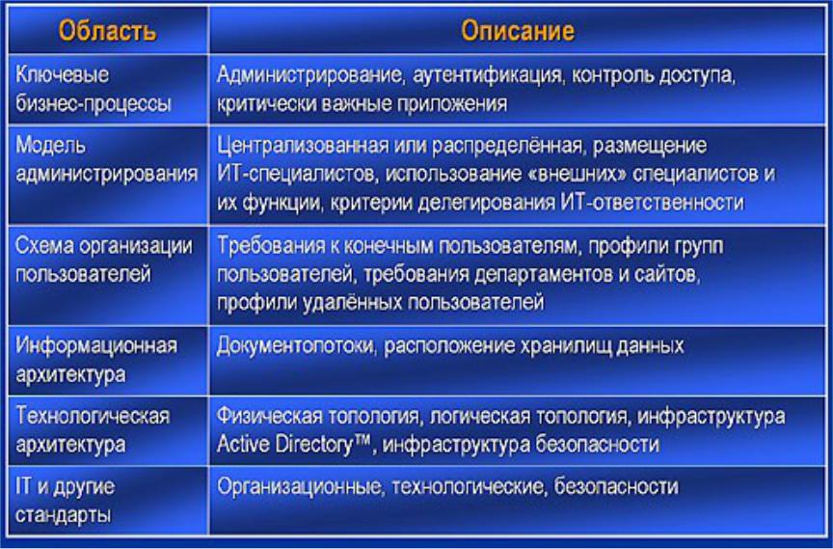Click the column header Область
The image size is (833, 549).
(107, 31)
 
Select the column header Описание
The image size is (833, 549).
(518, 31)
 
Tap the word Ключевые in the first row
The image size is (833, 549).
(62, 74)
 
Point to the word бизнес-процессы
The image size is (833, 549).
(94, 103)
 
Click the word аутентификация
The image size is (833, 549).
(487, 75)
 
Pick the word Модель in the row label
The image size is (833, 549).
(50, 145)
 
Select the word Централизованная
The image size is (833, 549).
(303, 146)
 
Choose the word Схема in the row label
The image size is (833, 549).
(43, 245)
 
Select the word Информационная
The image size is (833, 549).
(96, 346)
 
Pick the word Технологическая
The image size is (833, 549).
(93, 416)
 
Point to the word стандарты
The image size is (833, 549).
(64, 515)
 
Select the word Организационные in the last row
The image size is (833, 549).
(299, 487)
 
